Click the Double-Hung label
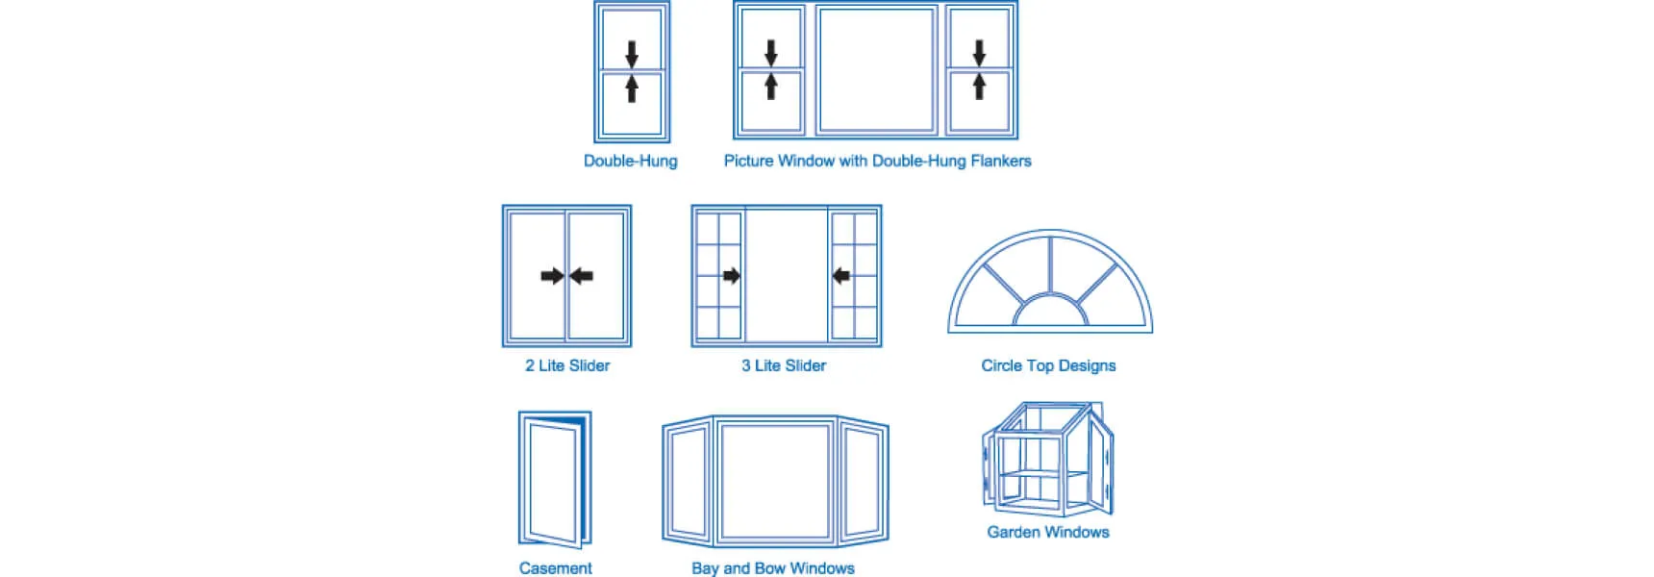click(630, 161)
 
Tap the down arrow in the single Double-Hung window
click(632, 53)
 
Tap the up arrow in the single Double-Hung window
click(632, 88)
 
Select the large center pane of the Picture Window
click(876, 69)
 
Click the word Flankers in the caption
click(1000, 161)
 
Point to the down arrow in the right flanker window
click(979, 52)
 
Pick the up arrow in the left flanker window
click(770, 87)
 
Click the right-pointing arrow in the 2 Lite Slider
click(552, 276)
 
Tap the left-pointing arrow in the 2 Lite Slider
click(581, 276)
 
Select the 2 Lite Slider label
click(567, 365)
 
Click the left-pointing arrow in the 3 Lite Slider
click(841, 276)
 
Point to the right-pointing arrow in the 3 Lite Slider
click(731, 276)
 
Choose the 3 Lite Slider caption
click(784, 365)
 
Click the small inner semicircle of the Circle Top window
click(1050, 314)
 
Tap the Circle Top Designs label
click(1048, 365)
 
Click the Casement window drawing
click(554, 479)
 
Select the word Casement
click(555, 568)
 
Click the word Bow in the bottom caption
click(771, 568)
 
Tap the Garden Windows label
click(1048, 532)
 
